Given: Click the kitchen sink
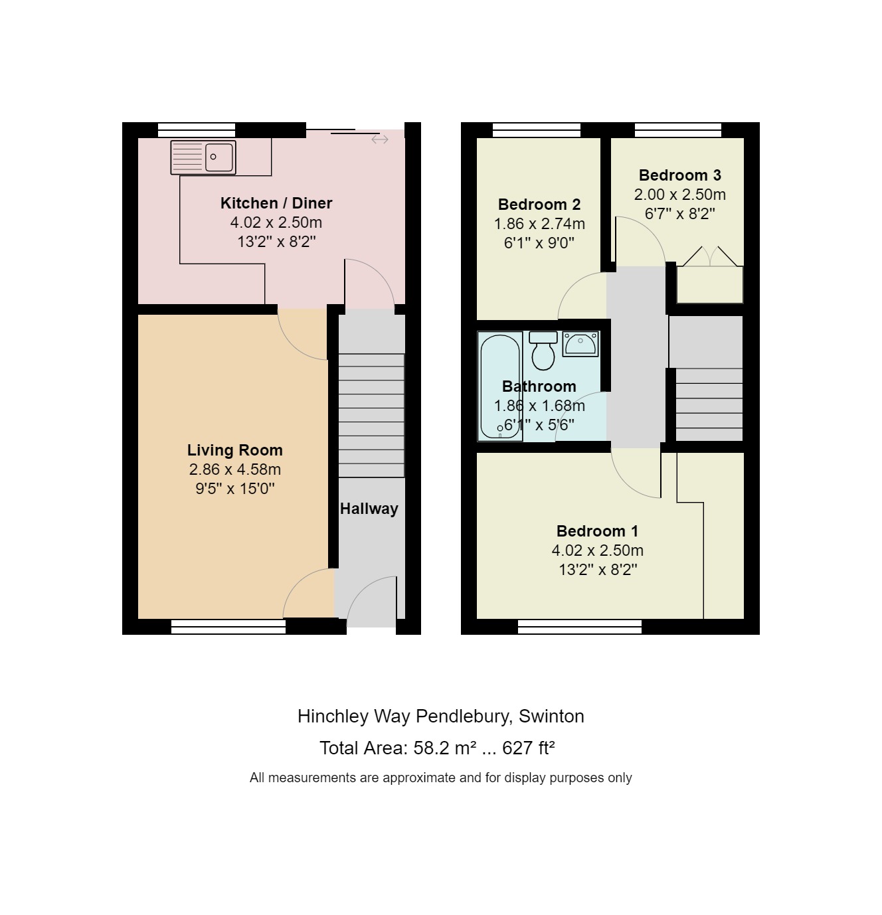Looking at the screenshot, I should click(203, 158).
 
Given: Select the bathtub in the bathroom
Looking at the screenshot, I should click(499, 386).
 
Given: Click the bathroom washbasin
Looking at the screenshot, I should click(580, 344).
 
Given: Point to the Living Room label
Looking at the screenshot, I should click(234, 450).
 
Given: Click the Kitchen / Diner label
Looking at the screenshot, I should click(276, 203).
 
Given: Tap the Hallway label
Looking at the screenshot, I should click(369, 509).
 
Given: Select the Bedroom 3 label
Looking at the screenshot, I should click(679, 175).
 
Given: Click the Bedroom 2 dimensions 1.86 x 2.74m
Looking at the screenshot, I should click(539, 224).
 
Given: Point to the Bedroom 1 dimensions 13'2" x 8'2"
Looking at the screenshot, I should click(598, 570).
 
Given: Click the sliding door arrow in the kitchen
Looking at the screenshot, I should click(380, 139).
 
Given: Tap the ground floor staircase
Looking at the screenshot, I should click(371, 415).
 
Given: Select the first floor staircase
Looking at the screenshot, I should click(709, 404).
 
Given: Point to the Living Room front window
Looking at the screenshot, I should click(228, 626).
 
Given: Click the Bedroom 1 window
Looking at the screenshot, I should click(580, 626).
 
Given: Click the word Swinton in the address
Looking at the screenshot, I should click(551, 716).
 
